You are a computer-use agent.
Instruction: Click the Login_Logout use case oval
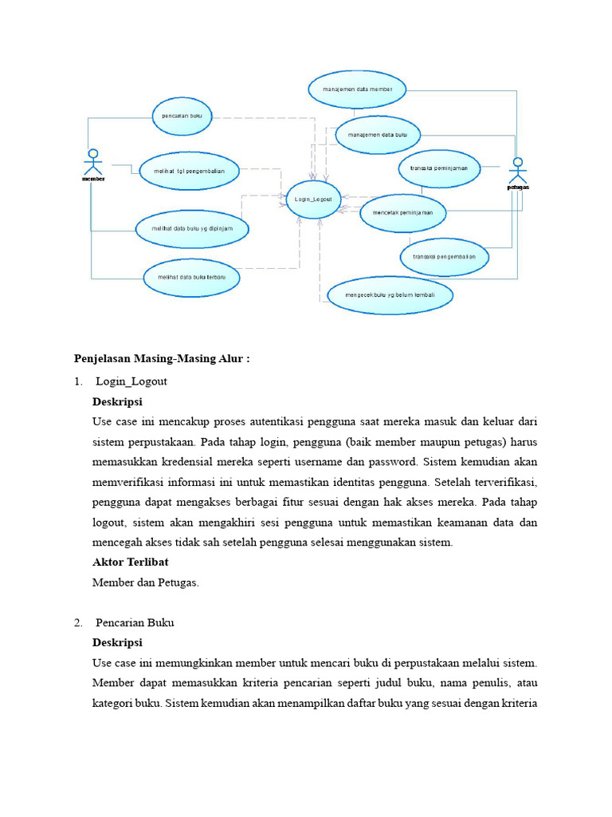point(313,199)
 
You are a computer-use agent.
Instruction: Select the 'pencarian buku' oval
point(182,116)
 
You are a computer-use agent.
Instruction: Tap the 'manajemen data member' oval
point(357,89)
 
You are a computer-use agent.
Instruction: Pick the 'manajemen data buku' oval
point(377,136)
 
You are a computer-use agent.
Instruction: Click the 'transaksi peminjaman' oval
point(439,168)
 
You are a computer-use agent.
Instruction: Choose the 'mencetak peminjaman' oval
point(402,214)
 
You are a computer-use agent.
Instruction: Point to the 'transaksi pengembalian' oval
point(444,257)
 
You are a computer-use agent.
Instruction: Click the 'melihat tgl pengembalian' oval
point(189,171)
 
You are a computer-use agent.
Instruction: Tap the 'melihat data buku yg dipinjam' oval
point(192,229)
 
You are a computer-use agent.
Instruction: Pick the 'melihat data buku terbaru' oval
point(191,278)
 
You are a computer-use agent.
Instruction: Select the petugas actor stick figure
point(518,171)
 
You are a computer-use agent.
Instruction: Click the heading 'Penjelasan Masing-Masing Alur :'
point(162,359)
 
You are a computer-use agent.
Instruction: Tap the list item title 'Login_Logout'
point(131,381)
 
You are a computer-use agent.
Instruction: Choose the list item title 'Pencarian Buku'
point(135,622)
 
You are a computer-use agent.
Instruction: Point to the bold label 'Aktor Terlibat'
point(130,562)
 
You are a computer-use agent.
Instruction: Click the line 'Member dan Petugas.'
point(145,582)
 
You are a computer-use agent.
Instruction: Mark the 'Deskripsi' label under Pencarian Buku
point(117,642)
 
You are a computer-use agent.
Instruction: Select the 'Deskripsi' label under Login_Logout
point(117,401)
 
